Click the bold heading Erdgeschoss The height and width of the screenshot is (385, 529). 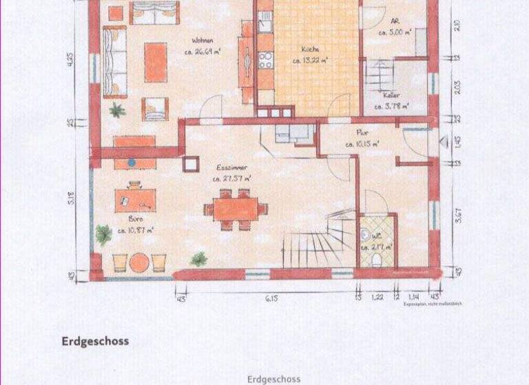[x=95, y=341]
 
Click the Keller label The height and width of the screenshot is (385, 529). [x=392, y=96]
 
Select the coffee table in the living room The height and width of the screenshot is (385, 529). [x=156, y=62]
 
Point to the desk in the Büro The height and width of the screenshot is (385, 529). [x=135, y=199]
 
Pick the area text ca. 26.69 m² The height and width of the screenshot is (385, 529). [x=206, y=50]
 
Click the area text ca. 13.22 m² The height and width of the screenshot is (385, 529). [x=309, y=60]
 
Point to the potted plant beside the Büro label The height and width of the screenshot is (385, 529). [x=103, y=234]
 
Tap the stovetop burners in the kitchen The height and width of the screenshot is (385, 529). [x=265, y=60]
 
